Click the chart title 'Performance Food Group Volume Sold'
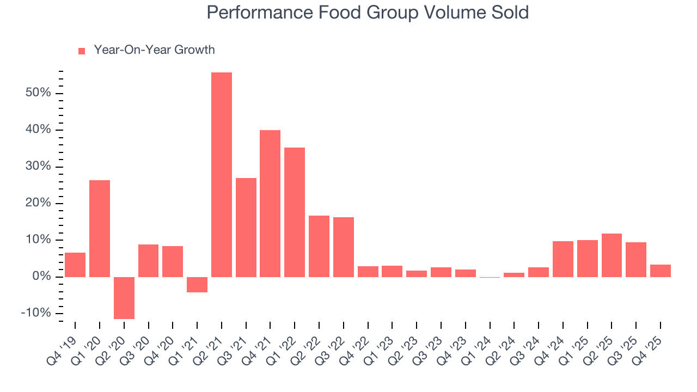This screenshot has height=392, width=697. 368,13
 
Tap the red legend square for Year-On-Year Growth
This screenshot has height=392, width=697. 82,51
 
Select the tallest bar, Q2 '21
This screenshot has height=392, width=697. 222,174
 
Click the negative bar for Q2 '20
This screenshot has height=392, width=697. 124,298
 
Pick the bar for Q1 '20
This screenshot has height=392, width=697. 100,228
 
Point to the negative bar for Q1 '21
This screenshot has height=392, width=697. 197,285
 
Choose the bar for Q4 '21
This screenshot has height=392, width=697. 270,203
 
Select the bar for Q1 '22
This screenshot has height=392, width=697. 295,212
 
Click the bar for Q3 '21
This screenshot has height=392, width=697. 246,227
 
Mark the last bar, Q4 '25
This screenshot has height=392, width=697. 661,271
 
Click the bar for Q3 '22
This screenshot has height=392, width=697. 344,247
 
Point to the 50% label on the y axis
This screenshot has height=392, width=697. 38,93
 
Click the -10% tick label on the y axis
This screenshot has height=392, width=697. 36,314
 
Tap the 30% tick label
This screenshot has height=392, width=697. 38,167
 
